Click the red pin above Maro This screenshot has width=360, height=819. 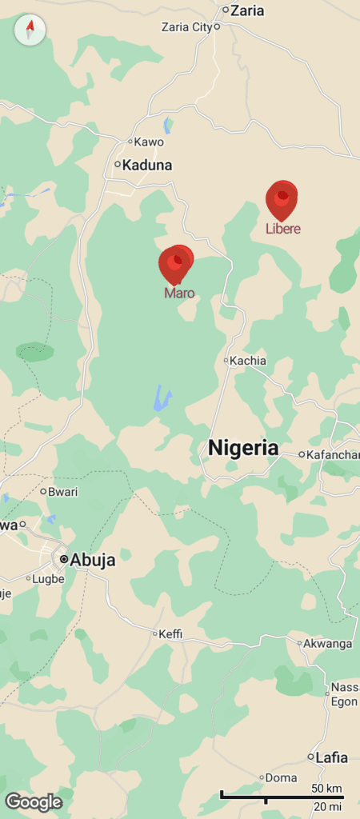pyautogui.click(x=176, y=263)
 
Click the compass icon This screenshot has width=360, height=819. pyautogui.click(x=30, y=30)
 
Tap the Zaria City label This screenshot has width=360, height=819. pyautogui.click(x=186, y=26)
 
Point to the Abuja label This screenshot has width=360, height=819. pyautogui.click(x=92, y=560)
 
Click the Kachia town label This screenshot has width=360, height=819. pyautogui.click(x=247, y=361)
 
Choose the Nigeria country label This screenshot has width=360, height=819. pyautogui.click(x=243, y=448)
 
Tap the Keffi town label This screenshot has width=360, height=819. pyautogui.click(x=171, y=634)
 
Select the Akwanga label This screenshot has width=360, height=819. pyautogui.click(x=330, y=643)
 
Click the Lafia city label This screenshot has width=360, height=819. pyautogui.click(x=332, y=757)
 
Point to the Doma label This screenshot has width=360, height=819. pyautogui.click(x=281, y=777)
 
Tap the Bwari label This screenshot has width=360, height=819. pyautogui.click(x=64, y=491)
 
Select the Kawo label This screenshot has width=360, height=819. pyautogui.click(x=149, y=142)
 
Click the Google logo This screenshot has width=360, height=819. pyautogui.click(x=34, y=801)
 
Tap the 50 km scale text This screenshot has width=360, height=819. pyautogui.click(x=326, y=789)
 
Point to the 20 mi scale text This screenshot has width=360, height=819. pyautogui.click(x=328, y=806)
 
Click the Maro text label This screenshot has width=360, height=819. pyautogui.click(x=179, y=294)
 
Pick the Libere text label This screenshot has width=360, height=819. pyautogui.click(x=283, y=230)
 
